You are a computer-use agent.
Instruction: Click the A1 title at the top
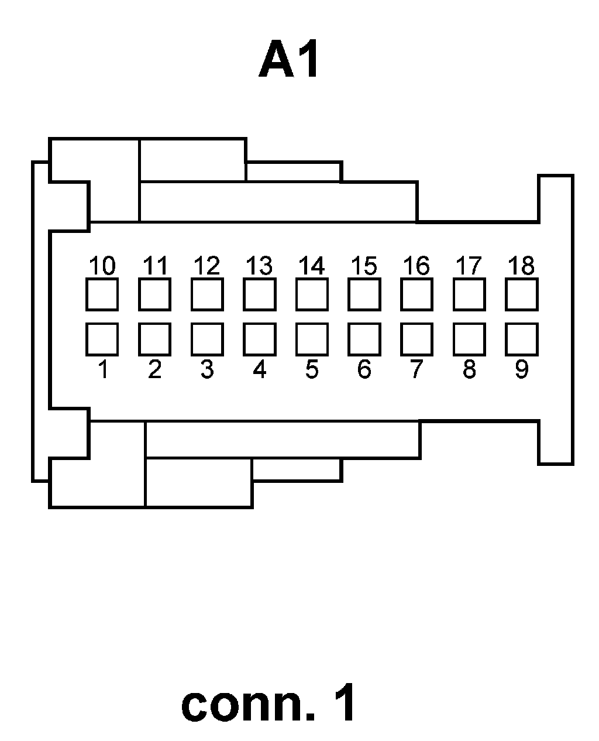pos(289,61)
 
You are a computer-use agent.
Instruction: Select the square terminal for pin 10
pos(102,294)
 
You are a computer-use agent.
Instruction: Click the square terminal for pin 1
pos(102,339)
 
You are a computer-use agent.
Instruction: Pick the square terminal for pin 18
pos(521,294)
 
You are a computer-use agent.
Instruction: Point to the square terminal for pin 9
pos(521,339)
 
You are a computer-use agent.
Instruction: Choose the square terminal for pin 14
pos(312,294)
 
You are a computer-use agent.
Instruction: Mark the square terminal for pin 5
pos(312,339)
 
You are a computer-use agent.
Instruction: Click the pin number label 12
pos(206,266)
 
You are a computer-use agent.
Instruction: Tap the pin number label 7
pos(416,369)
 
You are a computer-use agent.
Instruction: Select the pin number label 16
pos(416,266)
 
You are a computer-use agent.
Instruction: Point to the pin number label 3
pos(206,369)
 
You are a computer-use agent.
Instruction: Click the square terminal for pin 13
pos(259,294)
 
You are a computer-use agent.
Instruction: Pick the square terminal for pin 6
pos(364,339)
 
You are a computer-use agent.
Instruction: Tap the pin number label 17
pos(469,266)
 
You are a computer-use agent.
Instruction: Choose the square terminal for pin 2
pos(154,339)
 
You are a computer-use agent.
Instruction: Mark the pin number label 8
pos(469,369)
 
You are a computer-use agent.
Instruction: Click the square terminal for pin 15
pos(364,294)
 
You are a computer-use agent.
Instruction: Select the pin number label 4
pos(259,369)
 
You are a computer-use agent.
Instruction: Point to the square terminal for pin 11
pos(154,294)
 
